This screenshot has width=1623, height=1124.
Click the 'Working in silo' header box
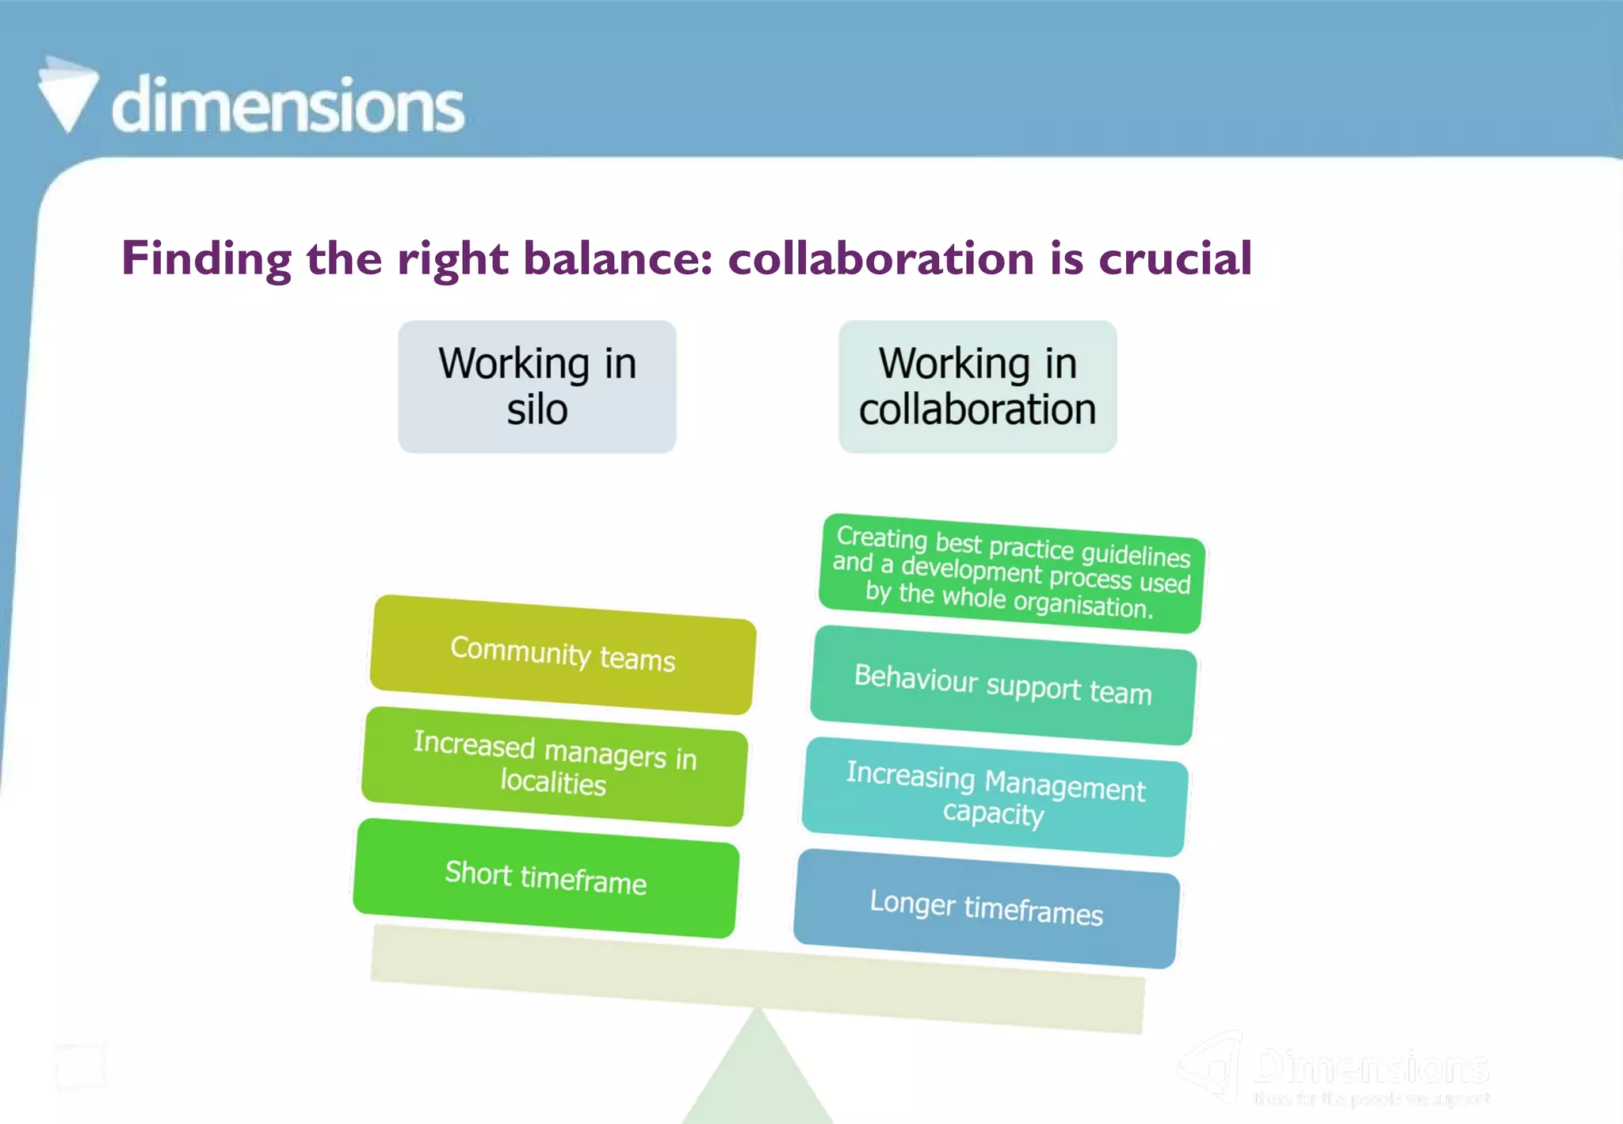pos(537,387)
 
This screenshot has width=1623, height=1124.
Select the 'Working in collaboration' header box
pos(977,387)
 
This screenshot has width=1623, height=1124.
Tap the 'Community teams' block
pos(563,655)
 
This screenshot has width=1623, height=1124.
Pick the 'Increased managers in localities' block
pos(554,766)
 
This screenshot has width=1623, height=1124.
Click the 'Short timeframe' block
pos(546,877)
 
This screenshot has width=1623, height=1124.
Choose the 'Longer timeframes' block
pos(986,908)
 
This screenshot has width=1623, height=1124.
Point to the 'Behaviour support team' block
pos(1002,685)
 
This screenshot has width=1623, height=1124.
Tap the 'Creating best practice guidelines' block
pos(1011,573)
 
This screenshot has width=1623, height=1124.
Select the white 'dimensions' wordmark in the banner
pos(288,105)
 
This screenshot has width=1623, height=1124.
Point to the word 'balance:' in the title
pos(618,258)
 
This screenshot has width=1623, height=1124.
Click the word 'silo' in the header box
pos(537,410)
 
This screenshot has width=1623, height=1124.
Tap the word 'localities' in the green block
pos(553,782)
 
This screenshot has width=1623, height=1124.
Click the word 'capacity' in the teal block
pos(993,813)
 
